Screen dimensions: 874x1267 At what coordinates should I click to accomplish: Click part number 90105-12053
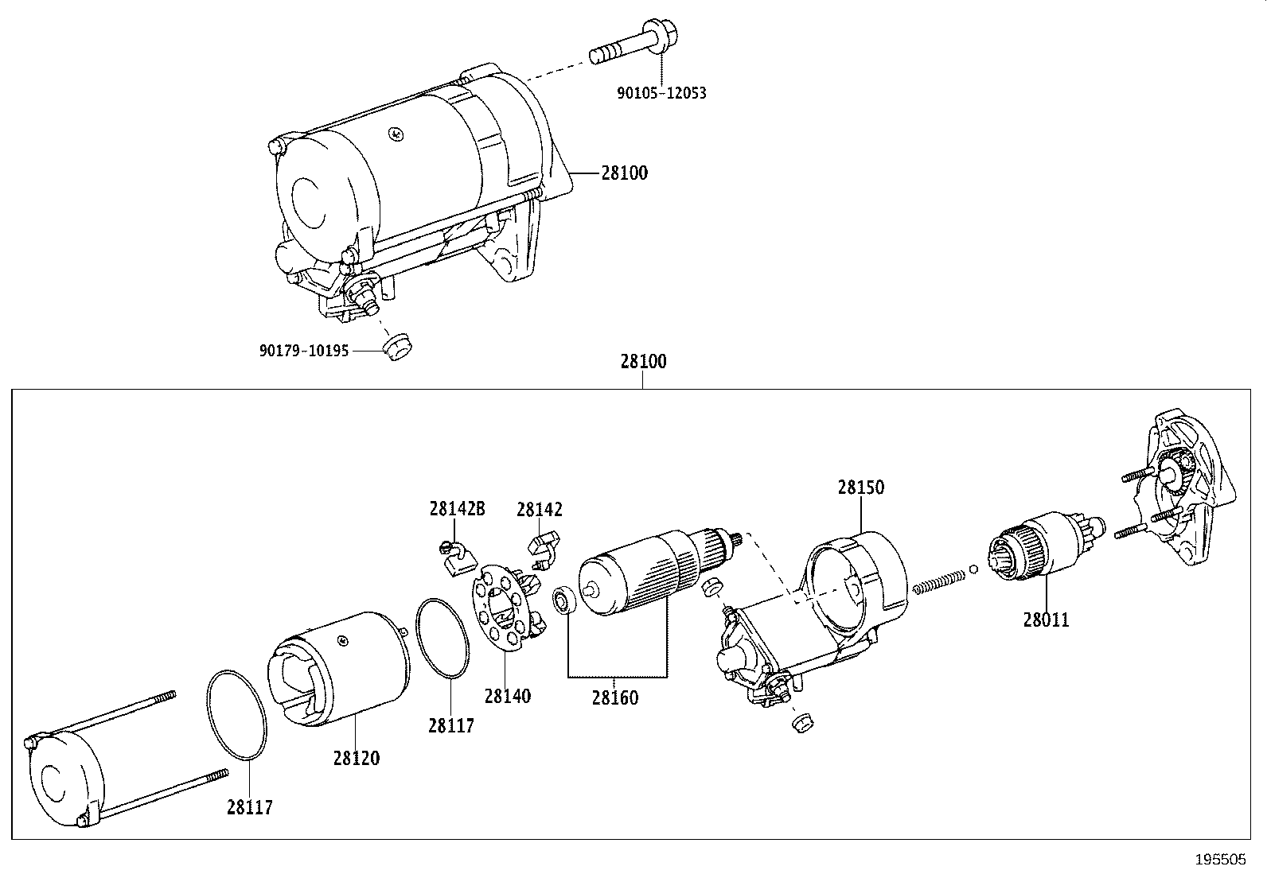tap(661, 93)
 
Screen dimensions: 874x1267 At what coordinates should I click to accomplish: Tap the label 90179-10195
tap(304, 351)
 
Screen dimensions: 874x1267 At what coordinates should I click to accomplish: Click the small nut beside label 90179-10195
tap(396, 348)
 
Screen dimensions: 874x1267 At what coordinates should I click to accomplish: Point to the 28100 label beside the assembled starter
tap(624, 173)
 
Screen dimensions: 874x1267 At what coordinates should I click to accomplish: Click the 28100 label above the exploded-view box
tap(643, 362)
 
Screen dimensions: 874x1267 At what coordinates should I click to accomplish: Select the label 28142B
tap(457, 509)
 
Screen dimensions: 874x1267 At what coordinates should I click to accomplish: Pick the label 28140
tap(507, 696)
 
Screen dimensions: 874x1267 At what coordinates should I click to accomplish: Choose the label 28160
tap(614, 697)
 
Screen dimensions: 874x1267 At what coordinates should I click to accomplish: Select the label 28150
tap(860, 487)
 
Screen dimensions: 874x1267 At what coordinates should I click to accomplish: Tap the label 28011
tap(1046, 619)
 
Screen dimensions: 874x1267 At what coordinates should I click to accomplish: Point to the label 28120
tap(356, 758)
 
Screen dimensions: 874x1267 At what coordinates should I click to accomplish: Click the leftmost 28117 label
tap(249, 808)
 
